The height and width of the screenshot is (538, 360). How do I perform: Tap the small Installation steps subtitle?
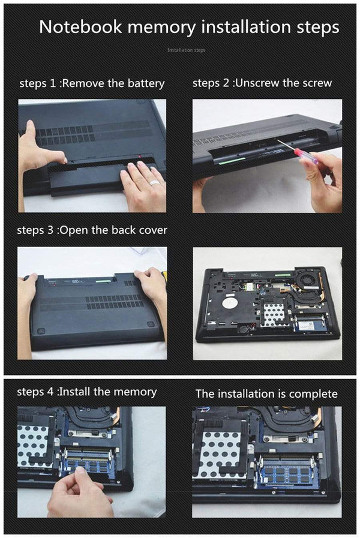pyautogui.click(x=186, y=50)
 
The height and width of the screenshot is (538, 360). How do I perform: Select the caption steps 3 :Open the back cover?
pyautogui.click(x=92, y=230)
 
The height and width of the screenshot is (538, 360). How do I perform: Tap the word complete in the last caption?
pyautogui.click(x=313, y=394)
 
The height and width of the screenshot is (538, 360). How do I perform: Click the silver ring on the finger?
pyautogui.click(x=154, y=184)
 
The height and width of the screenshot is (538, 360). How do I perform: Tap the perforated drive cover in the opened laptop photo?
pyautogui.click(x=273, y=314)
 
